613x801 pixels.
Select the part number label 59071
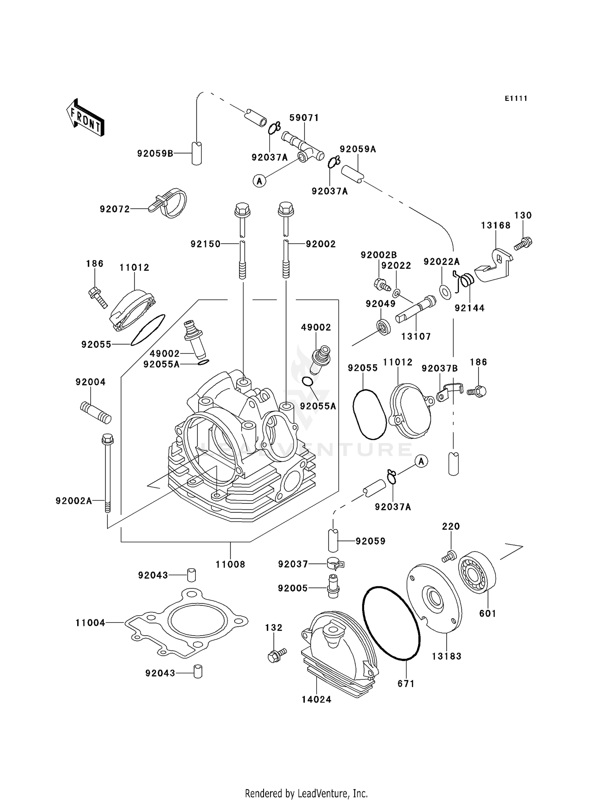pos(304,118)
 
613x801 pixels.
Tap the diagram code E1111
pos(516,98)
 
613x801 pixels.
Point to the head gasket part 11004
pos(186,623)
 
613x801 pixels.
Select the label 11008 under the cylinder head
pos(230,564)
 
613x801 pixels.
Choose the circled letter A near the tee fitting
pos(259,180)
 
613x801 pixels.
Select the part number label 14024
pos(316,700)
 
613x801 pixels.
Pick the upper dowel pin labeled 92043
pos(191,575)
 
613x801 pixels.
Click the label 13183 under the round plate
pos(447,656)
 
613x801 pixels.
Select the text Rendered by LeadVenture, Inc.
pos(306,794)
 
